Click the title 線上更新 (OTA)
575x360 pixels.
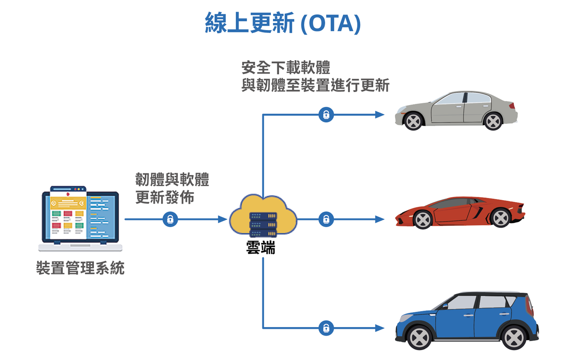click(283, 23)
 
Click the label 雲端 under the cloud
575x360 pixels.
click(261, 247)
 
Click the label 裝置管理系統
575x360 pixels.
click(80, 268)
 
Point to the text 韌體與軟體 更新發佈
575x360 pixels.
click(172, 189)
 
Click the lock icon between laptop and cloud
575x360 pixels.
click(170, 220)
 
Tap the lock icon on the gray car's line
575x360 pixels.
click(326, 115)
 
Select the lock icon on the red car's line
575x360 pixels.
click(326, 220)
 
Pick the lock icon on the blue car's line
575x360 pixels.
click(326, 328)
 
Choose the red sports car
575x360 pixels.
click(460, 212)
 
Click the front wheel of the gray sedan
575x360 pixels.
click(413, 121)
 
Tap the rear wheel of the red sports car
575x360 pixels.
click(500, 218)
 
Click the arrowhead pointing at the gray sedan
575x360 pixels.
click(380, 115)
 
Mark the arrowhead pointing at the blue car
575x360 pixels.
click(380, 328)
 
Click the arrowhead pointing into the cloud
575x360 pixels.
click(222, 220)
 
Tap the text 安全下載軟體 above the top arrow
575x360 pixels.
click(286, 68)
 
